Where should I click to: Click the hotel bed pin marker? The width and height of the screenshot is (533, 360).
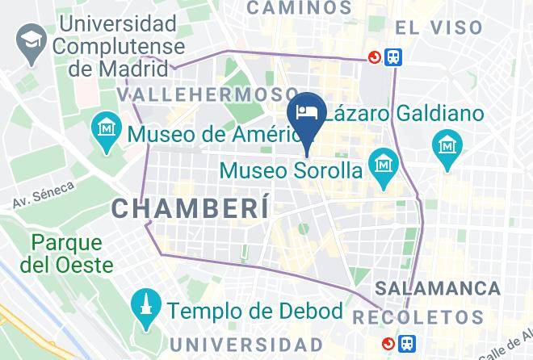click(x=307, y=112)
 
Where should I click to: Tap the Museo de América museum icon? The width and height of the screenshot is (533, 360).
click(x=107, y=127)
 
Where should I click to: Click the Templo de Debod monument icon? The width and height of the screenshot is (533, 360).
click(x=145, y=307)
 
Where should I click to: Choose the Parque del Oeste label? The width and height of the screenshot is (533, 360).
click(x=67, y=253)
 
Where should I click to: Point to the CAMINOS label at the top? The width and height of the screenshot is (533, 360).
click(x=300, y=8)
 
